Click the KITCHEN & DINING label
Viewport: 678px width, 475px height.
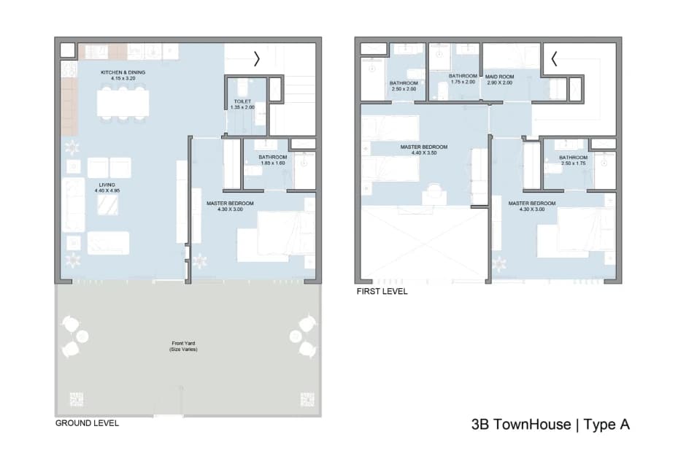(123, 72)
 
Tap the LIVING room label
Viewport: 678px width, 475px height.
(107, 185)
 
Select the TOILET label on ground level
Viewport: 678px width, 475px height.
(242, 101)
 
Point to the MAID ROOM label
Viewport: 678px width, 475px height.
(499, 77)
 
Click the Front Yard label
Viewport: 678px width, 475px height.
(183, 343)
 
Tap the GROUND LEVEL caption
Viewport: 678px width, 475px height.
(87, 423)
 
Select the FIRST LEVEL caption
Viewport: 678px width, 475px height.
(382, 291)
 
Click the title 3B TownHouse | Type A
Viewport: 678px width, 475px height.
(550, 425)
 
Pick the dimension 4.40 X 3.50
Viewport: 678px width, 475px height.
(424, 153)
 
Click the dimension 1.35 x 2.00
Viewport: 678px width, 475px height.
(242, 107)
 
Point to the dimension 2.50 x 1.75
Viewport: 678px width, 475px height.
(574, 163)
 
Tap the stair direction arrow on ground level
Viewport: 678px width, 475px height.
(257, 59)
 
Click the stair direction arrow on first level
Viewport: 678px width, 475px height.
(554, 59)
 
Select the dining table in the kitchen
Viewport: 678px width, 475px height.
(123, 103)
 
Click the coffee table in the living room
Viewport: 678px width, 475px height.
(107, 205)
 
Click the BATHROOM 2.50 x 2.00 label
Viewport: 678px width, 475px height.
(404, 86)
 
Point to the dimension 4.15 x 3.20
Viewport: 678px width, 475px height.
(123, 78)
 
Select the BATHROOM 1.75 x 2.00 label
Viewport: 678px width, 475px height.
(463, 79)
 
